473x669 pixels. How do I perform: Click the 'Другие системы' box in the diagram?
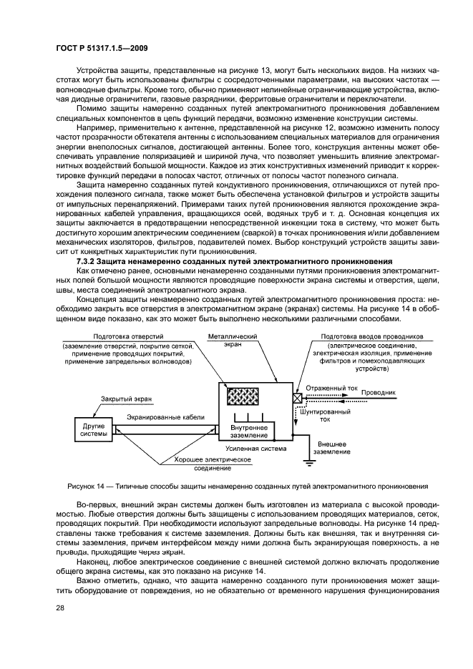tap(94, 429)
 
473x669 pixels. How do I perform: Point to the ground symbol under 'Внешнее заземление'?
tap(310, 462)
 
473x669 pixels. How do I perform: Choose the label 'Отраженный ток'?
tap(331, 389)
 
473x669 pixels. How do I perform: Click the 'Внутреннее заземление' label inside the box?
tap(249, 431)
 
